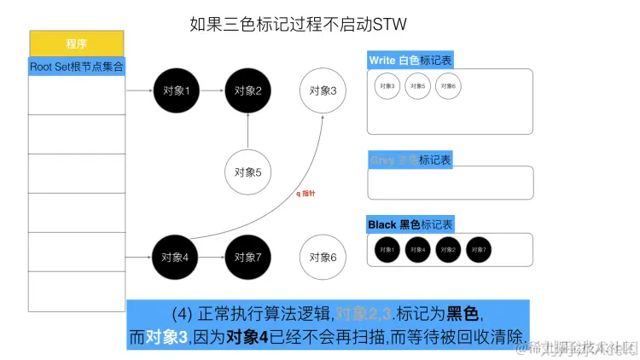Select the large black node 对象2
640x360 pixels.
coord(247,90)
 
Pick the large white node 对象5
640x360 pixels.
coord(247,172)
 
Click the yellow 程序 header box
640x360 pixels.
coord(78,44)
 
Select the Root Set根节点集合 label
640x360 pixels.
coord(78,66)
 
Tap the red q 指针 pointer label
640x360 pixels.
coord(305,195)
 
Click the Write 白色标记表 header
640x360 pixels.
coord(410,61)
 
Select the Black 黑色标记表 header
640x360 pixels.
coord(410,225)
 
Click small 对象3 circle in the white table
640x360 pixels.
coord(387,86)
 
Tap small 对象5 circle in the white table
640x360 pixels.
coord(418,86)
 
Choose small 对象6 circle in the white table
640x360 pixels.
coord(448,86)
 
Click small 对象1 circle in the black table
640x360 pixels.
coord(387,249)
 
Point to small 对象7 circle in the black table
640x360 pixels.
coord(478,249)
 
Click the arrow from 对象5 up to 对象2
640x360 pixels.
coord(247,131)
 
